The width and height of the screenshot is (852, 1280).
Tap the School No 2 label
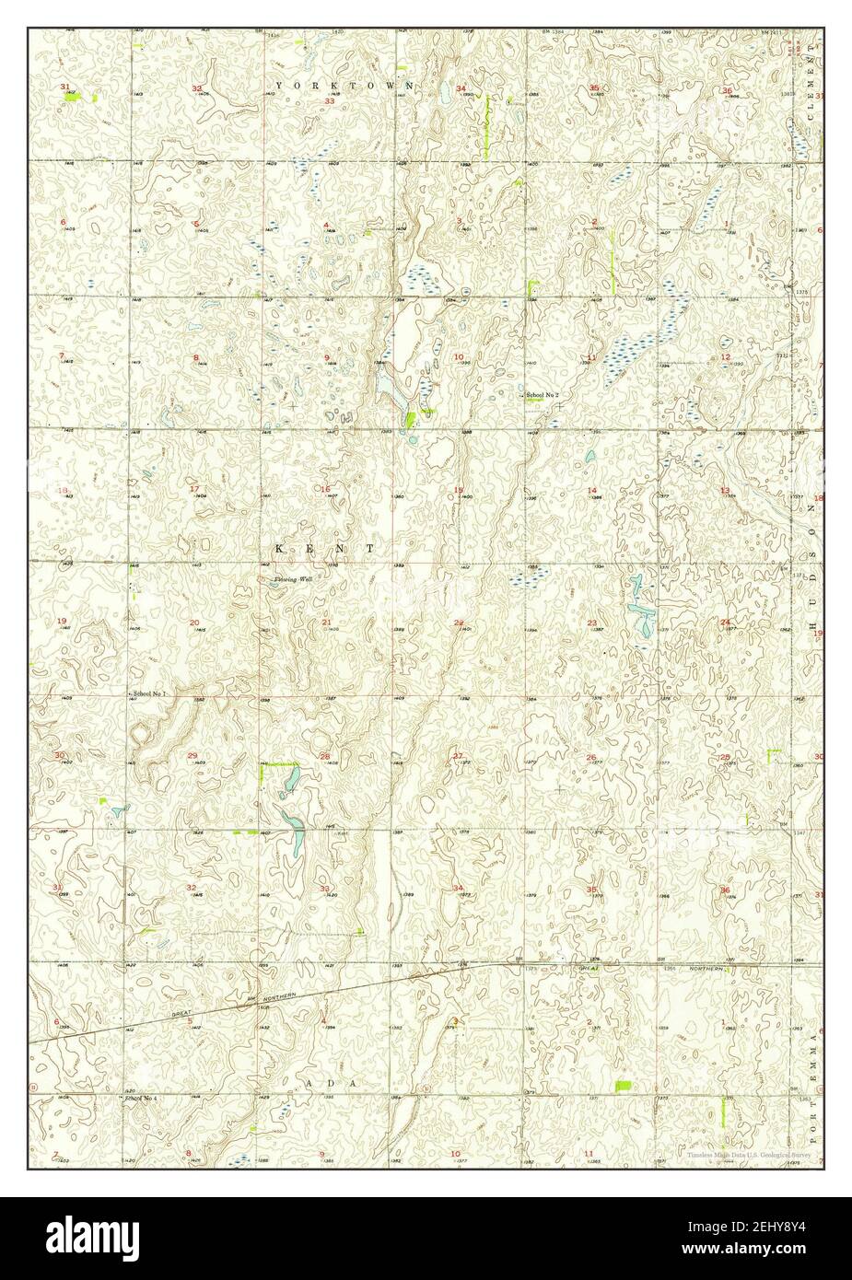pos(543,395)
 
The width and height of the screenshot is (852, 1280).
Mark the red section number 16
pos(325,488)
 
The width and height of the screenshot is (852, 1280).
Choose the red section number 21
pos(327,623)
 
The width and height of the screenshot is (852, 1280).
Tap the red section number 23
pos(592,623)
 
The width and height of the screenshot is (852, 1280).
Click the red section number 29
pos(193,756)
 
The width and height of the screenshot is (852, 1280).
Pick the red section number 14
pos(593,490)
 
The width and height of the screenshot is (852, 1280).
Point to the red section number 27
pos(458,756)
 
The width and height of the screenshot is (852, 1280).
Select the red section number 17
pos(194,488)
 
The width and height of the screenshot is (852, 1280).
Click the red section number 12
pos(726,357)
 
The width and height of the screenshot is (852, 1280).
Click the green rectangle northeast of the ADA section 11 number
pos(625,1087)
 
